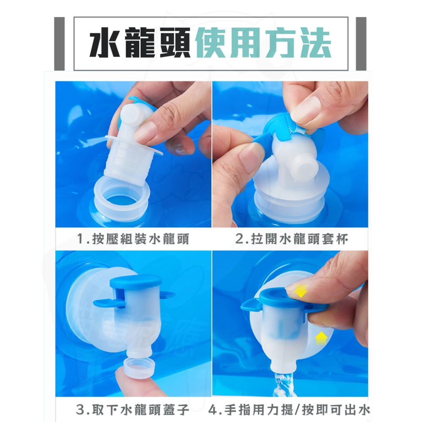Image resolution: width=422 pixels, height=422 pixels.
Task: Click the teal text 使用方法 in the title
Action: pyautogui.click(x=263, y=44)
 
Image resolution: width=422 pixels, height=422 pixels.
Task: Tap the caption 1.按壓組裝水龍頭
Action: pyautogui.click(x=133, y=240)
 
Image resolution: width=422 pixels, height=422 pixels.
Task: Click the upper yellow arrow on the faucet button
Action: pyautogui.click(x=300, y=290)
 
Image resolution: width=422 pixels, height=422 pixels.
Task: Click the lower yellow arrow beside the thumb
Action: pyautogui.click(x=321, y=338)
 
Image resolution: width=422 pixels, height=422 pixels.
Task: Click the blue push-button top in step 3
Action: pyautogui.click(x=135, y=281)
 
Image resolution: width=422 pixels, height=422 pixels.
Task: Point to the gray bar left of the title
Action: pyautogui.click(x=60, y=43)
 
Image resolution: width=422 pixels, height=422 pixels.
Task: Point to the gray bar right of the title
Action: pyautogui.click(x=361, y=43)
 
